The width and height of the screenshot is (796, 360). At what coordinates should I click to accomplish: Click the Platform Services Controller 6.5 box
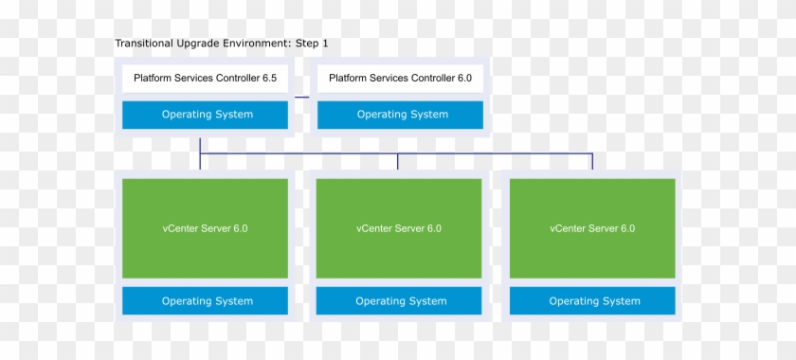point(205,79)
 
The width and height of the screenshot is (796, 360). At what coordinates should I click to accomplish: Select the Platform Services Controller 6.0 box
point(400,79)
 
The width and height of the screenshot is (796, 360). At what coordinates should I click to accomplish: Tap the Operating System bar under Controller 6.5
point(205,115)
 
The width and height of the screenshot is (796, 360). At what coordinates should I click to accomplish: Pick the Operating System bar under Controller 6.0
point(400,115)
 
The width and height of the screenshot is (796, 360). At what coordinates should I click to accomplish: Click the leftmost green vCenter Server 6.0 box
point(205,228)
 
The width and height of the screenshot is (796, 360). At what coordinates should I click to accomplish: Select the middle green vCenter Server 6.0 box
point(399,228)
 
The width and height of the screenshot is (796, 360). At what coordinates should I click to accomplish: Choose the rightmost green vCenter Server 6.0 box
point(592,228)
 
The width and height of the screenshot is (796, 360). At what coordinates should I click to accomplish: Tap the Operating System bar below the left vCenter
point(205,301)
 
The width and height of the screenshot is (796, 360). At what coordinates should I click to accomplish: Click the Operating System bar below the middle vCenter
point(399,301)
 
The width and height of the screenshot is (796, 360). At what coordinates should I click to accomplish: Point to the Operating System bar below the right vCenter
point(592,301)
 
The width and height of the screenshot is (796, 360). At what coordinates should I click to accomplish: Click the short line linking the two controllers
point(301,97)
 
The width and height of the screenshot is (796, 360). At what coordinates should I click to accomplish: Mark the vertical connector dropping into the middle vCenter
point(398,161)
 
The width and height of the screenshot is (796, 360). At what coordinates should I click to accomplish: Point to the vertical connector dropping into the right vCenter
point(592,161)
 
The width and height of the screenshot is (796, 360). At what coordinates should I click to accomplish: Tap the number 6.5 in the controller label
point(269,79)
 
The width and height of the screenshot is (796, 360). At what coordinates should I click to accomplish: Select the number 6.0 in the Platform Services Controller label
point(464,79)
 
